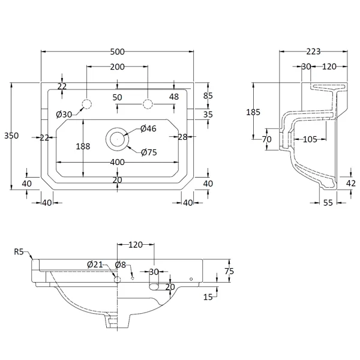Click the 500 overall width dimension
point(118,52)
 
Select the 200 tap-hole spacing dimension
point(118,67)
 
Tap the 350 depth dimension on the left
point(11,136)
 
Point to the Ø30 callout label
point(64,114)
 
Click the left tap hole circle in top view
point(87,104)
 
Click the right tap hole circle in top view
point(148,104)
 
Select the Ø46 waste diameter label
point(148,128)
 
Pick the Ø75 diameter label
point(149,152)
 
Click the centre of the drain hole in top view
point(118,139)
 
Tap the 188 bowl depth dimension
point(83,146)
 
